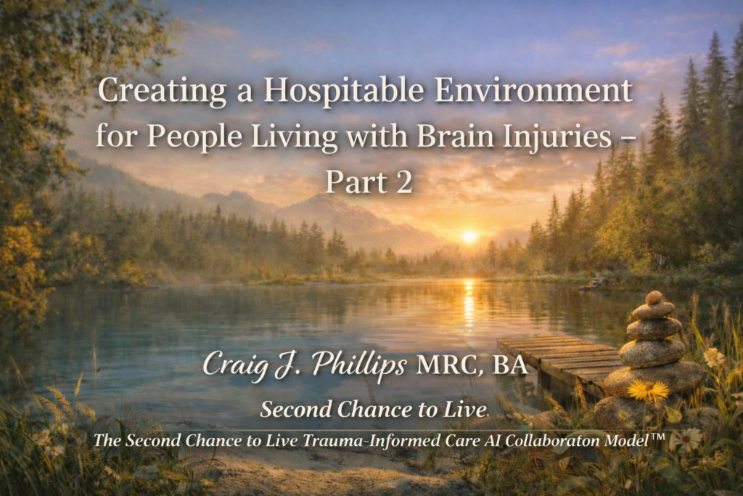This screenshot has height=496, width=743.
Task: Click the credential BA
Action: pyautogui.click(x=512, y=365)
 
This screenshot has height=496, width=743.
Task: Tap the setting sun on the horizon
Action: pyautogui.click(x=470, y=236)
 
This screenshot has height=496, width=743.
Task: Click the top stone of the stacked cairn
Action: pyautogui.click(x=654, y=297)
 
